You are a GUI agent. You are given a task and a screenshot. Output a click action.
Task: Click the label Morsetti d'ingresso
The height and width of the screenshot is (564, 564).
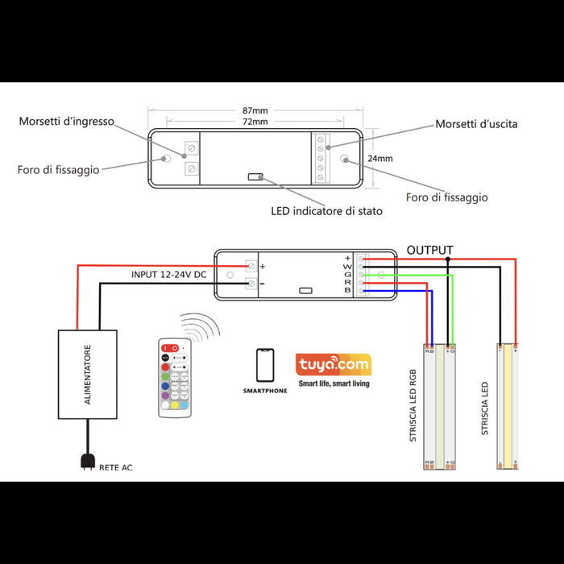[x=67, y=122]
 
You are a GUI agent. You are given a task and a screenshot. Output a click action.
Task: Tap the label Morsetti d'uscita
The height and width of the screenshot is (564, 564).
[x=476, y=124]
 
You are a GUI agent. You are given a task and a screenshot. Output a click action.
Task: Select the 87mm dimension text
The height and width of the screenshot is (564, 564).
[x=255, y=110]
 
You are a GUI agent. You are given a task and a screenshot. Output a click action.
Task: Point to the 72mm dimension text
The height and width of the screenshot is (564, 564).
[x=255, y=122]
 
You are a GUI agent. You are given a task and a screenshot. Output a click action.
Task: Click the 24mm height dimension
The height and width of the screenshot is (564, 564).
[x=380, y=159]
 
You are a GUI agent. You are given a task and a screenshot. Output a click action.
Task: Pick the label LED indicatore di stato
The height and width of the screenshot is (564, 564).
[x=326, y=211]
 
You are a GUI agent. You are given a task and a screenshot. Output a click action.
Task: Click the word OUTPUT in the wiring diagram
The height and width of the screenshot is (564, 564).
[x=429, y=250]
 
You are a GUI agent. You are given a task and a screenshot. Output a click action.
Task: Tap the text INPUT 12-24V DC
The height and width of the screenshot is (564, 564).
[x=170, y=275]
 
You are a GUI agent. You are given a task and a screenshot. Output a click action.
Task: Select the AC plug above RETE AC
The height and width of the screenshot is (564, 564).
[x=86, y=462]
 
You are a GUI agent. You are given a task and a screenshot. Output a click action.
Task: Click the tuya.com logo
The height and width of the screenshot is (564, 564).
[x=333, y=365]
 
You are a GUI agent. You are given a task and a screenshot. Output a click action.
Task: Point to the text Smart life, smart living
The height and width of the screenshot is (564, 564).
[x=334, y=384]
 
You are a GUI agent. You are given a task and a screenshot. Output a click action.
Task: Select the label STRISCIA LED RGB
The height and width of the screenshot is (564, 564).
[x=413, y=406]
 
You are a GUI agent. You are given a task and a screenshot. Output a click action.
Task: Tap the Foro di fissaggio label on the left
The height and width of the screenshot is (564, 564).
[x=59, y=170]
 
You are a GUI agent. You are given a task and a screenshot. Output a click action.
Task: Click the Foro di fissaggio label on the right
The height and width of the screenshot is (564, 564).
[x=446, y=197]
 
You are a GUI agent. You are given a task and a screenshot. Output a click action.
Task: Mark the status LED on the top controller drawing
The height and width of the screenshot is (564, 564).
[x=255, y=176]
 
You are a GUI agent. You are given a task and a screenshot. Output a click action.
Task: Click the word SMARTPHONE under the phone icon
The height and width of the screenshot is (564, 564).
[x=264, y=390]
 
